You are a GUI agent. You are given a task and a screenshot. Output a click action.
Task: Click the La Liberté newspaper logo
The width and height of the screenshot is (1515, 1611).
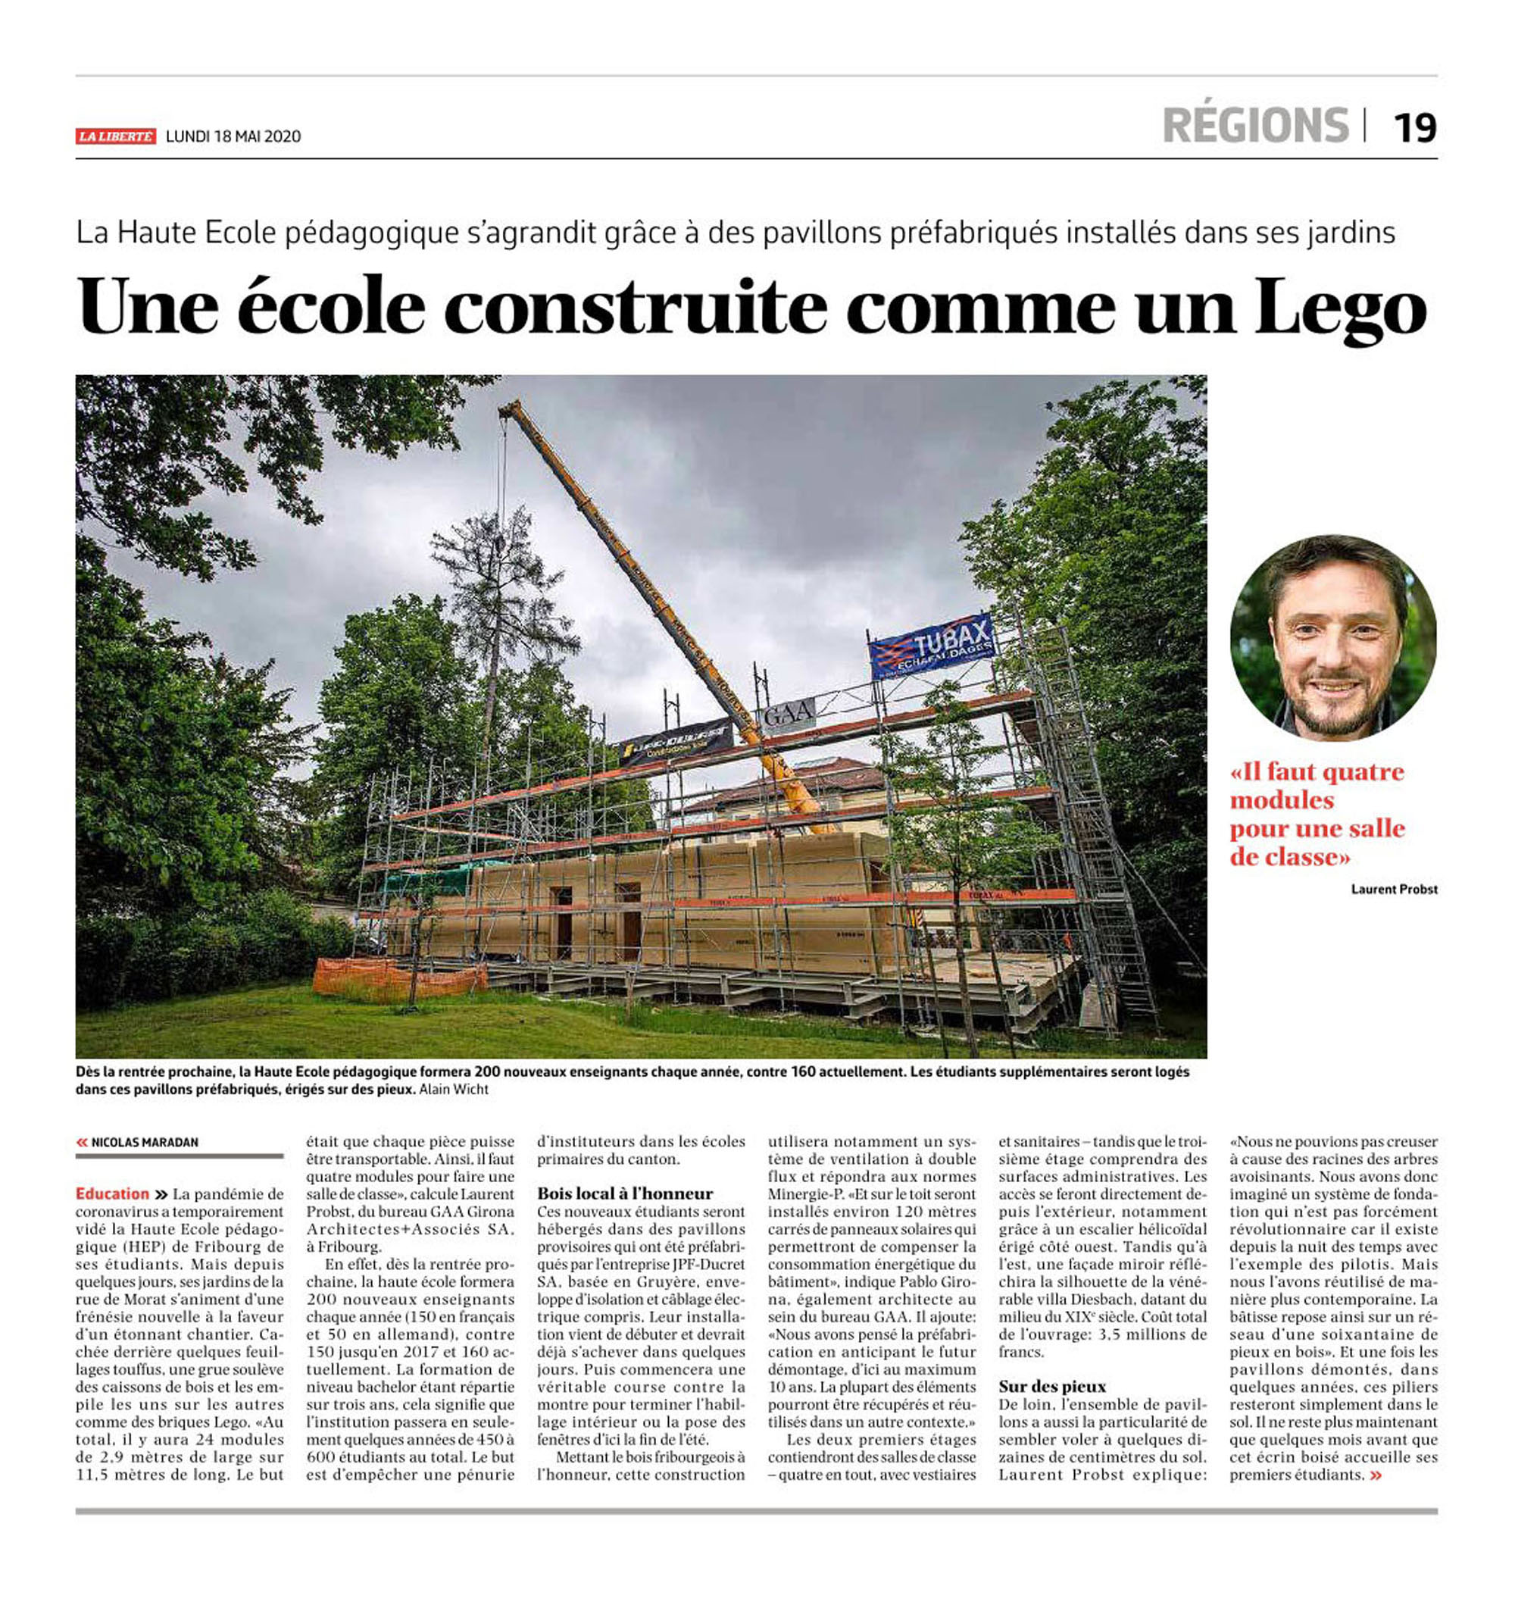[115, 136]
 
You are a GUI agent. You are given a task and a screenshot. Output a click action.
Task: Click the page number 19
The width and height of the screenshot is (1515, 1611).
[1413, 128]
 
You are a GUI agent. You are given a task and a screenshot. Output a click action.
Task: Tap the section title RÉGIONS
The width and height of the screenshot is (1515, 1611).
[1255, 126]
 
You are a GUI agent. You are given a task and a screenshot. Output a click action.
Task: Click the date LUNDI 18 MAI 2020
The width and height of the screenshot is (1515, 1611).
[233, 136]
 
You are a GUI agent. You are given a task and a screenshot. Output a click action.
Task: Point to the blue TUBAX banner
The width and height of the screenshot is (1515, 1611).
[932, 646]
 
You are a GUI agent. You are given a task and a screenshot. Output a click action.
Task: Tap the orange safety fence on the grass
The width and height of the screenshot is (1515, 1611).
[398, 978]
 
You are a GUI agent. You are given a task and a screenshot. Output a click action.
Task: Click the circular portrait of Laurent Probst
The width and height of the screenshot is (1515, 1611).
[1332, 638]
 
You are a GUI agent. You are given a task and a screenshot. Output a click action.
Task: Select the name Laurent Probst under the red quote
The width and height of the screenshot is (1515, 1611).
[1394, 889]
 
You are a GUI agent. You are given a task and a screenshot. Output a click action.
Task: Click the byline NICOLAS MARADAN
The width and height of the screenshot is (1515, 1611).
[144, 1142]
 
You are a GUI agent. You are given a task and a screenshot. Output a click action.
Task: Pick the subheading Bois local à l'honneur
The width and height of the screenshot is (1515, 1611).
[625, 1193]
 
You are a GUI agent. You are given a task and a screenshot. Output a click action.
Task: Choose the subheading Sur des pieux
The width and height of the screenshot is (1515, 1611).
[1051, 1386]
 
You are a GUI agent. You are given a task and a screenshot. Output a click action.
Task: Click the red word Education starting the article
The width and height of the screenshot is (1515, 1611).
[113, 1193]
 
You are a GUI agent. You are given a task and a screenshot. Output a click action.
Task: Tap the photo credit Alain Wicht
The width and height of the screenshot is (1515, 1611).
[454, 1089]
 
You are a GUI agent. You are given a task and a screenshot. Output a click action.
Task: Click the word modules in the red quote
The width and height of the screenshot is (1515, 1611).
[1281, 801]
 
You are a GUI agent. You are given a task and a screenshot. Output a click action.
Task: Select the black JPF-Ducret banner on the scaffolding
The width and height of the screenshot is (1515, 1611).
[676, 740]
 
